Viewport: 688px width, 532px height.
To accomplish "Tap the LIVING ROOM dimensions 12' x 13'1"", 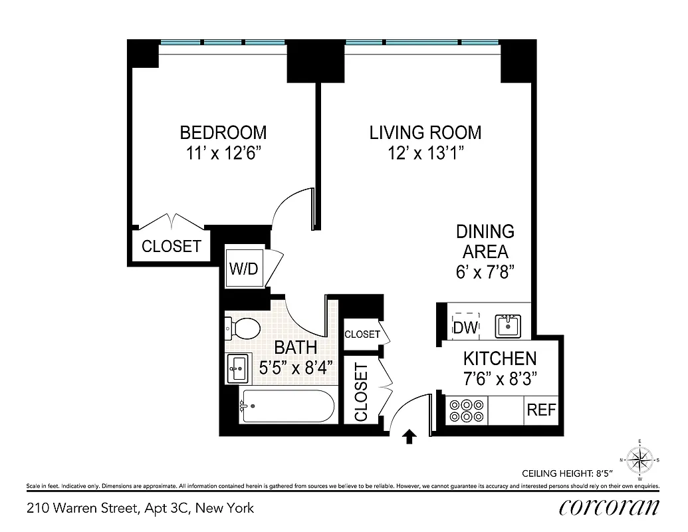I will [425, 154].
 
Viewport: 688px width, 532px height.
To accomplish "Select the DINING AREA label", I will [485, 241].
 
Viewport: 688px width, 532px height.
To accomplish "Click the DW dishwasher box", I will [465, 327].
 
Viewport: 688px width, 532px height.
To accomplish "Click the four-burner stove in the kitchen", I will [465, 410].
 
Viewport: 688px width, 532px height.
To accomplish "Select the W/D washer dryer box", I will [243, 268].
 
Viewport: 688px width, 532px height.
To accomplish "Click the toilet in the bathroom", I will [243, 327].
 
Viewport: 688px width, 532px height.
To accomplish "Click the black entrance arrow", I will [410, 436].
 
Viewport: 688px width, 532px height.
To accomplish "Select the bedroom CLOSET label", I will [172, 246].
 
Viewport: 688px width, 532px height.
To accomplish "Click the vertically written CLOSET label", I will [361, 392].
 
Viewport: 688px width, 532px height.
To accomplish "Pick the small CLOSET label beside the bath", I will [362, 334].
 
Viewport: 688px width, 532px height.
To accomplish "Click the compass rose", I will [639, 460].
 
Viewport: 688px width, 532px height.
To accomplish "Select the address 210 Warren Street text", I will [140, 509].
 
